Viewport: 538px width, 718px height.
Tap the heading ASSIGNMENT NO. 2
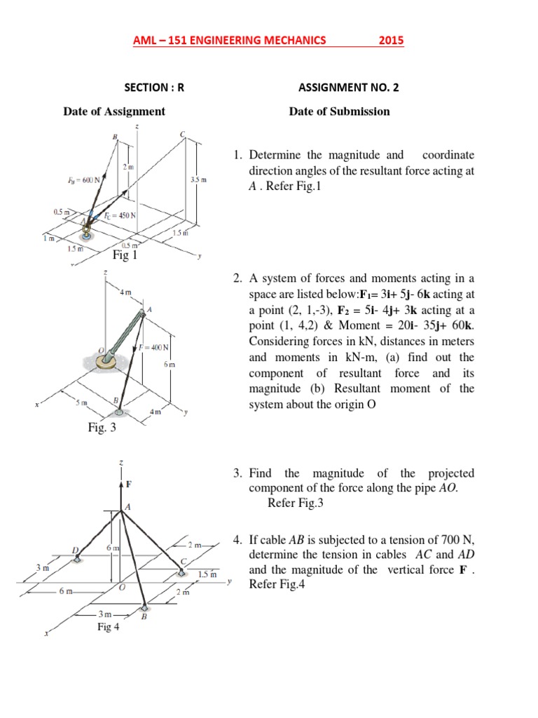(349, 88)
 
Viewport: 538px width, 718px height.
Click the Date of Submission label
(340, 111)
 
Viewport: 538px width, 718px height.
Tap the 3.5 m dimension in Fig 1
(198, 180)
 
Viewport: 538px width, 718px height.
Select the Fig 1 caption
(125, 255)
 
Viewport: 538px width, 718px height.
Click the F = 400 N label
(155, 347)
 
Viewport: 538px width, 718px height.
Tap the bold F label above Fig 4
(128, 484)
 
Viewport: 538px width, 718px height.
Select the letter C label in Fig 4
(183, 561)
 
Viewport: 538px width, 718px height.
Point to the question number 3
(238, 474)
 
